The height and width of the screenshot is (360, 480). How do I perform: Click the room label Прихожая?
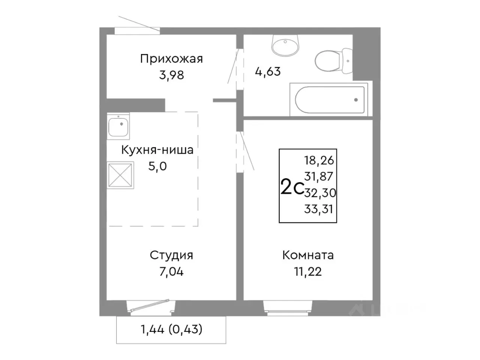pyautogui.click(x=171, y=59)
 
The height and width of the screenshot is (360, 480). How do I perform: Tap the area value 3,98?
pyautogui.click(x=171, y=75)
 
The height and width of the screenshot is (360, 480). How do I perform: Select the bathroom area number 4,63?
pyautogui.click(x=268, y=71)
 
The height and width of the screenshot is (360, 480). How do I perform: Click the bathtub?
pyautogui.click(x=330, y=100)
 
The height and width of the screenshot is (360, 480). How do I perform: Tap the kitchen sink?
pyautogui.click(x=118, y=126)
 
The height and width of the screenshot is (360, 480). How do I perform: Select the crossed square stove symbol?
pyautogui.click(x=120, y=175)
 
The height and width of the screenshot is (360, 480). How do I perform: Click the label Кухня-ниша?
pyautogui.click(x=157, y=150)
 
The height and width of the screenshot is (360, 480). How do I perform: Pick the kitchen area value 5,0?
pyautogui.click(x=157, y=166)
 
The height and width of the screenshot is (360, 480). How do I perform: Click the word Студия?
pyautogui.click(x=171, y=255)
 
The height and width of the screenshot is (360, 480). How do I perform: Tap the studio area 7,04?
pyautogui.click(x=171, y=271)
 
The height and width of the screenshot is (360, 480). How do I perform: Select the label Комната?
pyautogui.click(x=308, y=255)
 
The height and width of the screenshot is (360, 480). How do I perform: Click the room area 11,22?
pyautogui.click(x=308, y=271)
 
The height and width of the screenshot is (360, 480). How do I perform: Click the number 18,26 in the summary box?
pyautogui.click(x=319, y=160)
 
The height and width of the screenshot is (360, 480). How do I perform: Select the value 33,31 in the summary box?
pyautogui.click(x=319, y=209)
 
